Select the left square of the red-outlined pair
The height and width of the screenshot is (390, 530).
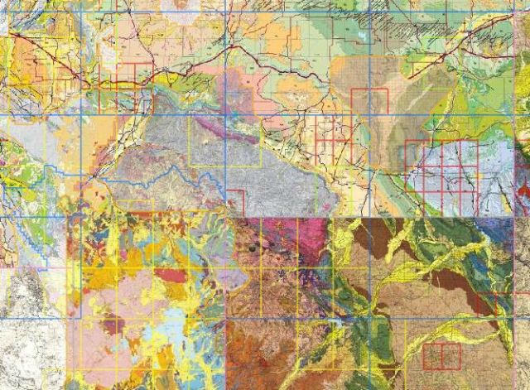pyautogui.click(x=431, y=356)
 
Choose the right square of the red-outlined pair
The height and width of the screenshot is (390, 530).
pyautogui.click(x=451, y=356)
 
